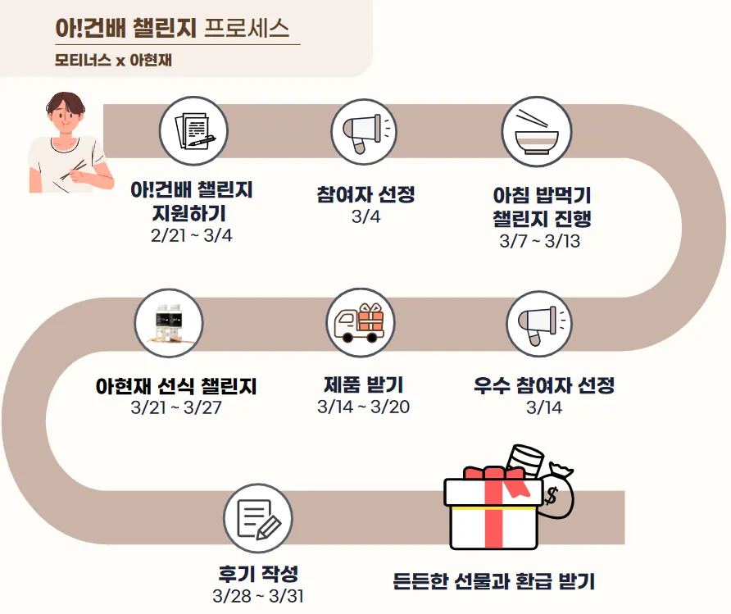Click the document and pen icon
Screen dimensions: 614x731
pyautogui.click(x=192, y=130)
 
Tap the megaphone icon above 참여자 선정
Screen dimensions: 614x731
pyautogui.click(x=364, y=131)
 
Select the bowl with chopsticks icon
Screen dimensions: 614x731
pyautogui.click(x=535, y=131)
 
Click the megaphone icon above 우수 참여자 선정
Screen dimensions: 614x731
pyautogui.click(x=538, y=321)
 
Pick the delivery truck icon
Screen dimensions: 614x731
pyautogui.click(x=361, y=321)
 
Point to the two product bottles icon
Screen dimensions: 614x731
pyautogui.click(x=169, y=321)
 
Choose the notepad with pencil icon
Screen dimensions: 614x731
pyautogui.click(x=258, y=518)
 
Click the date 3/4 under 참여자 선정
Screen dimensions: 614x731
pyautogui.click(x=365, y=217)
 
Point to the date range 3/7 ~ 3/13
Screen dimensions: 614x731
pyautogui.click(x=540, y=242)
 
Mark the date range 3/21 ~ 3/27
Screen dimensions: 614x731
pyautogui.click(x=175, y=407)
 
